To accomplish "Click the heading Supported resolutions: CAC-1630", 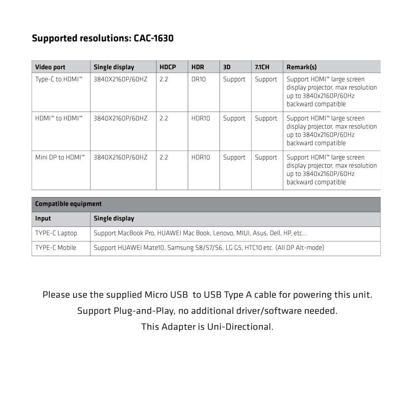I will tap(102, 38).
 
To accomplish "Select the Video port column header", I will tap(50, 67).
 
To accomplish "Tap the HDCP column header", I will tap(168, 67).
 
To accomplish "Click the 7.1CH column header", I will tap(262, 67).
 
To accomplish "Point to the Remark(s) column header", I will tap(301, 67).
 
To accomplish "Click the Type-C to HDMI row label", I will tap(59, 80).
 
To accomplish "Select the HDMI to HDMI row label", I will tap(59, 118).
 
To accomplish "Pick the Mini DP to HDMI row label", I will tap(60, 157).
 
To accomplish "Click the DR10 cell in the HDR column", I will tap(198, 80).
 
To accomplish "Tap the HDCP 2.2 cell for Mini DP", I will tap(164, 157).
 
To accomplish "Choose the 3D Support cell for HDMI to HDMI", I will tap(234, 118).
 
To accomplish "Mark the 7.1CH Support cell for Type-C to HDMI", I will tap(266, 80).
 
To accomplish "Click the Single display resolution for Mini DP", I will tap(120, 157).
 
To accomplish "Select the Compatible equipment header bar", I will tap(206, 204).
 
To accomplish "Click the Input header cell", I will tap(43, 219).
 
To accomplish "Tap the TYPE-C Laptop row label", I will tap(56, 233).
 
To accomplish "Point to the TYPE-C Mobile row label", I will tap(56, 248).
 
